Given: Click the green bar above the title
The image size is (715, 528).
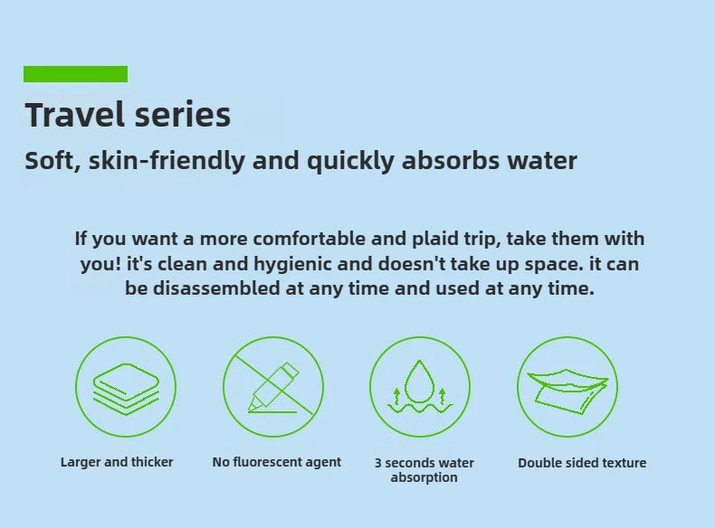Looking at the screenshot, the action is [x=75, y=74].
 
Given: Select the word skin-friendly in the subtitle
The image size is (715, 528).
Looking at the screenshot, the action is [x=167, y=161].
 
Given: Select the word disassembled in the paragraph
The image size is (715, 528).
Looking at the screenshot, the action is [x=216, y=288].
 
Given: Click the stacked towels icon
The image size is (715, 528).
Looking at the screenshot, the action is [x=126, y=389].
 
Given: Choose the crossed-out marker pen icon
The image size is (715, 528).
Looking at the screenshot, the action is [x=273, y=387].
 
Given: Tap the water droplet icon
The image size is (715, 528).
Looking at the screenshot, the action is [x=420, y=382].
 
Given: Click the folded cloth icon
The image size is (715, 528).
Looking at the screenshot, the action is [x=567, y=392].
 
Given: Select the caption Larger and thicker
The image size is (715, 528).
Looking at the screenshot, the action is [x=117, y=462].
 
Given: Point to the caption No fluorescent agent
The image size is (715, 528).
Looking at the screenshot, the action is [x=277, y=462].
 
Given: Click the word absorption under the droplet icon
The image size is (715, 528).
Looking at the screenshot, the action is [x=424, y=477].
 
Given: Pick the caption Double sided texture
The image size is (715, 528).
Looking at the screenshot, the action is [x=582, y=463].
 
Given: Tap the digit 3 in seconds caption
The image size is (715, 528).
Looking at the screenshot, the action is [x=378, y=463].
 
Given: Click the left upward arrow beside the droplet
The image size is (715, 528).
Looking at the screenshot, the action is [x=396, y=396].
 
